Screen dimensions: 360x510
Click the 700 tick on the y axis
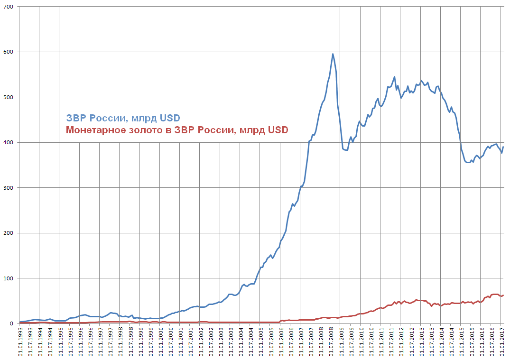pos(8,7)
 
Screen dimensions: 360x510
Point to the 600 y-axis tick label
pos(8,52)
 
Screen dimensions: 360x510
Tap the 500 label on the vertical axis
pos(8,97)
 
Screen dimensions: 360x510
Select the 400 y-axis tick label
pos(8,143)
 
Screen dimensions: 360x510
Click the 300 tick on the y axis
pos(8,188)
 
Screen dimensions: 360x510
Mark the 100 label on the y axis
pos(8,278)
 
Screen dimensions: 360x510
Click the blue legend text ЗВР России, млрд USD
pos(123,118)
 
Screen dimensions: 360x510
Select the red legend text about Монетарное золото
pos(177,130)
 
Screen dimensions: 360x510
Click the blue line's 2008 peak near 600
pos(333,54)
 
